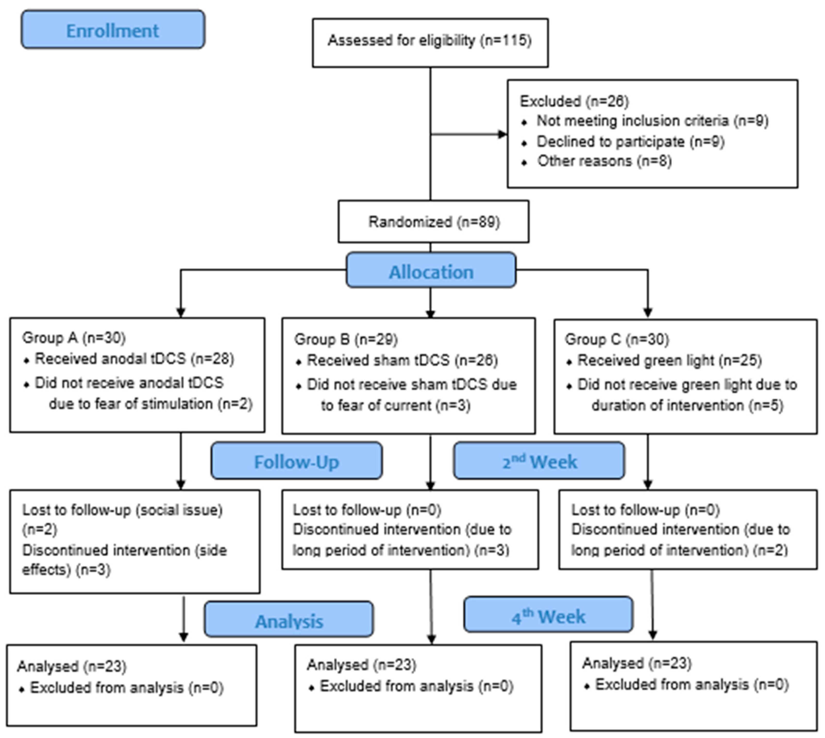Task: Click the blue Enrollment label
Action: pos(113,30)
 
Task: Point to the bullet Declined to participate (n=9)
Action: pos(630,141)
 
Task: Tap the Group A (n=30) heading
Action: pos(74,337)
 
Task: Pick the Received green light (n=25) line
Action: pos(669,360)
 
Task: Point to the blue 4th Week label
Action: pos(548,616)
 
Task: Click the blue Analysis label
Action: pos(289,620)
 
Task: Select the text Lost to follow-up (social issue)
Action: pos(122,510)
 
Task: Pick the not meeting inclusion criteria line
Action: pos(652,121)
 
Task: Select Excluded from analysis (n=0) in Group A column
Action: pos(127,688)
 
